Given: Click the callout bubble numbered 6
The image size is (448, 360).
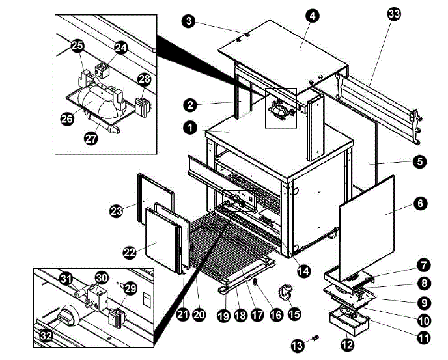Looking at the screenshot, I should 421,204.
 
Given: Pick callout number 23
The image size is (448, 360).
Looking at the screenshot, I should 116,210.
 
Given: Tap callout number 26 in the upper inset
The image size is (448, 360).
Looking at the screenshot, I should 66,120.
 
